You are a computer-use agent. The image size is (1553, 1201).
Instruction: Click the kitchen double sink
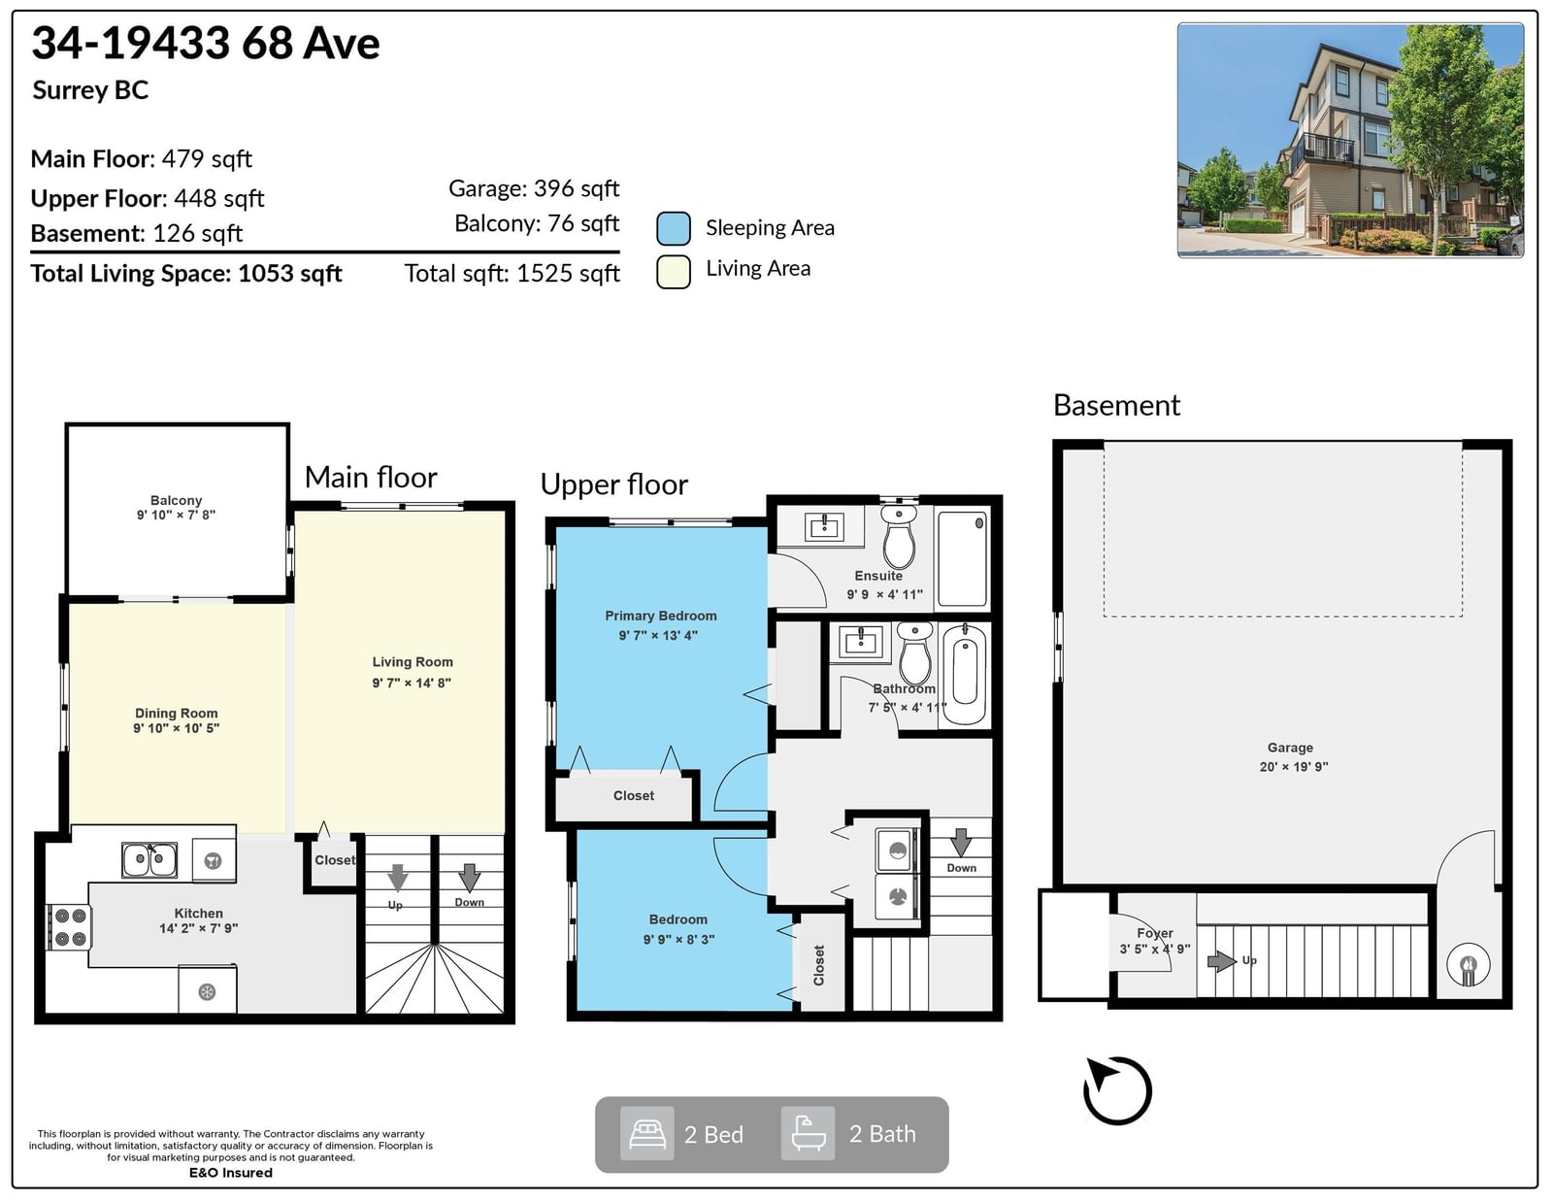(149, 860)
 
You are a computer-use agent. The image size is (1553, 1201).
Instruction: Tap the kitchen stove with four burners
(70, 927)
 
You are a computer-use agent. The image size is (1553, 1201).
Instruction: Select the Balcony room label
(176, 500)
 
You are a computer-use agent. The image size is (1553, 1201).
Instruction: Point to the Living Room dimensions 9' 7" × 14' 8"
(412, 683)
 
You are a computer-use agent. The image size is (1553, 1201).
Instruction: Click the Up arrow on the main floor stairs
(397, 879)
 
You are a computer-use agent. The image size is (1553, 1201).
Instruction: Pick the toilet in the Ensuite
(899, 538)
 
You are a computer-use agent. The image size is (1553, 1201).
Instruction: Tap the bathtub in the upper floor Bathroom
(965, 675)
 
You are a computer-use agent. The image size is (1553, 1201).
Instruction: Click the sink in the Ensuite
(824, 527)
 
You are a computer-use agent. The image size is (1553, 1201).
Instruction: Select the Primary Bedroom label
(660, 616)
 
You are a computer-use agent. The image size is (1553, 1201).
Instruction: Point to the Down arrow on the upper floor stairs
(961, 843)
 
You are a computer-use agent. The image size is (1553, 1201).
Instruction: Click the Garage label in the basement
(1290, 748)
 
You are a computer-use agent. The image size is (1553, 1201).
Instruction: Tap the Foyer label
(1155, 934)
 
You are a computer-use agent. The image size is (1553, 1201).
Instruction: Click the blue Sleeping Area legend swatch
(674, 229)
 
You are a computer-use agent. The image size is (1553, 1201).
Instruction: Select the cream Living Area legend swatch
(674, 272)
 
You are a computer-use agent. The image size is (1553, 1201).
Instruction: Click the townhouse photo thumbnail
(1350, 140)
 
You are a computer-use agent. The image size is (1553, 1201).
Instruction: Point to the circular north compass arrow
(1117, 1090)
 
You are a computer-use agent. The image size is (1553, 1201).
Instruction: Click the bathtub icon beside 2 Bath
(808, 1133)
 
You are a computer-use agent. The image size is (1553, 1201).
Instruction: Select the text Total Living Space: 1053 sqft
(185, 274)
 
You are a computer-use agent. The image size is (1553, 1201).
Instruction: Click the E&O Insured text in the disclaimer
(231, 1173)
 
